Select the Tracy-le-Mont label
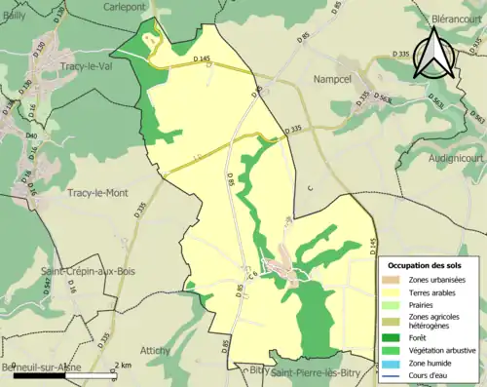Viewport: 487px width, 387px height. click(x=98, y=194)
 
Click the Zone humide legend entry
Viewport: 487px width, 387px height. click(x=431, y=363)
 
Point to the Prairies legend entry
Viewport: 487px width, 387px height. click(x=423, y=305)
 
